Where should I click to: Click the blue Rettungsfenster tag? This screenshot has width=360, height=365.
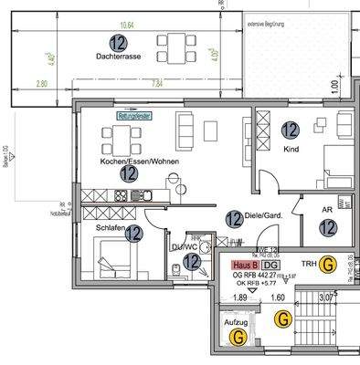click(135, 116)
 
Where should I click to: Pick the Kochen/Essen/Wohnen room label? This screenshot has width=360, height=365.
click(128, 161)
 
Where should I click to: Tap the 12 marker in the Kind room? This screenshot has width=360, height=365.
click(290, 130)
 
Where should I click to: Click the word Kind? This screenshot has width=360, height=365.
click(291, 148)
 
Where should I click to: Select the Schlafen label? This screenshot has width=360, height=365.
click(111, 229)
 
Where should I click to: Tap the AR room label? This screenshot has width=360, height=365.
click(326, 207)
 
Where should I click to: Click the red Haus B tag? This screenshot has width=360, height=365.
click(244, 265)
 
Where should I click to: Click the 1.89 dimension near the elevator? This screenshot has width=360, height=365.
click(239, 297)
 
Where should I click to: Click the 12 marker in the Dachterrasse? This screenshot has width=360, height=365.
click(116, 41)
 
